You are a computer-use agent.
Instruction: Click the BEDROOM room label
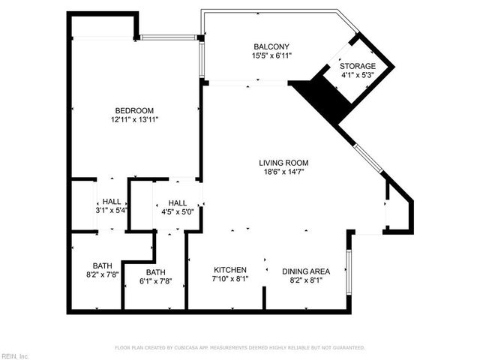[134, 110]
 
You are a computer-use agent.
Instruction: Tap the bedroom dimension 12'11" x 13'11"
[134, 119]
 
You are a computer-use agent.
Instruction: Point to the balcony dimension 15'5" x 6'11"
[271, 55]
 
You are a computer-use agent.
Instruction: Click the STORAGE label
[358, 66]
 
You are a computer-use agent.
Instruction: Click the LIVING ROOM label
[283, 163]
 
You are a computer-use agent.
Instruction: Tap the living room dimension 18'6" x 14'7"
[283, 172]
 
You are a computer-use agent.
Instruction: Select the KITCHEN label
[230, 270]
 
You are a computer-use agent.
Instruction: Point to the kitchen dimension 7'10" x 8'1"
[230, 279]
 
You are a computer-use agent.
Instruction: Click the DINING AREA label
[305, 271]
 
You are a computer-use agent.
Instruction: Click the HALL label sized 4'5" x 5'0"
[177, 202]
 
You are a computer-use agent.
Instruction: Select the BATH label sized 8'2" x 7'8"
[103, 265]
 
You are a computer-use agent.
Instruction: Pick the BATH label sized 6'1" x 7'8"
[155, 272]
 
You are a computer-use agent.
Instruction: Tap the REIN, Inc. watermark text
[14, 355]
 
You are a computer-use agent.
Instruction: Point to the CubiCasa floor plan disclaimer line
[239, 348]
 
